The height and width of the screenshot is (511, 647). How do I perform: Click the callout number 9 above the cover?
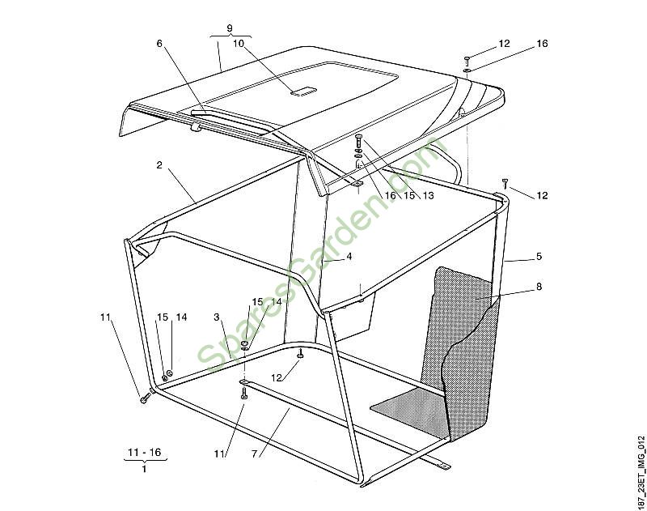click(x=230, y=28)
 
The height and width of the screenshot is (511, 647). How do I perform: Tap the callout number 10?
click(x=239, y=44)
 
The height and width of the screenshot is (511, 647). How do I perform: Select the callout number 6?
click(x=159, y=43)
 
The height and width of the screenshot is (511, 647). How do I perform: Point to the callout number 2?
click(x=159, y=165)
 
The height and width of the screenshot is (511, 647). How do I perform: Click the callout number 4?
click(x=349, y=256)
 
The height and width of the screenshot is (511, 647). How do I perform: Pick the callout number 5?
click(x=539, y=256)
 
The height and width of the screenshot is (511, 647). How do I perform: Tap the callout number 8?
click(x=539, y=287)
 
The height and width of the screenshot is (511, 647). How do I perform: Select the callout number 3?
click(x=217, y=317)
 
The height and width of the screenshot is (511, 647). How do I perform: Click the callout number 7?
click(x=254, y=454)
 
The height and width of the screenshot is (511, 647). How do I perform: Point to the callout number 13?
click(x=429, y=195)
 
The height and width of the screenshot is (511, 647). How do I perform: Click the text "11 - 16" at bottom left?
click(x=145, y=452)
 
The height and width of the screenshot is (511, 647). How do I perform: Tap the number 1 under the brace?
click(x=144, y=469)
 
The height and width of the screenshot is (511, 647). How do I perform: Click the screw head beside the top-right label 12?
click(x=467, y=60)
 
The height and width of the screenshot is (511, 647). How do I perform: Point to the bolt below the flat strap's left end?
click(x=243, y=394)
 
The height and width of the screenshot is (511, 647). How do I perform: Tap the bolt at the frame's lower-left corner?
click(x=145, y=399)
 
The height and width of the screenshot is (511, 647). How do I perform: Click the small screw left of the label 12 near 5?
click(x=504, y=183)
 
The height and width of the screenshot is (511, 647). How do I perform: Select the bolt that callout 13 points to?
click(x=357, y=142)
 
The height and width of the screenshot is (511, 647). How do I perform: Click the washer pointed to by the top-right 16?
click(x=467, y=70)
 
